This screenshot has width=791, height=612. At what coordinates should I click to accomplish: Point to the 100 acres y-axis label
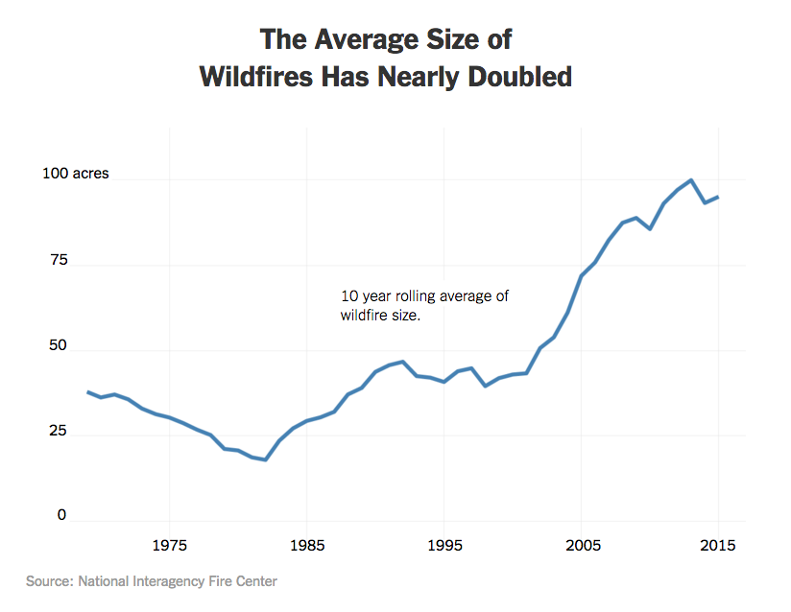pos(76,175)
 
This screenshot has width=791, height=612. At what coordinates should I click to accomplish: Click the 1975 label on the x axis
pos(169,546)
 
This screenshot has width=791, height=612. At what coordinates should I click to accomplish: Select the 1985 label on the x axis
pos(307,546)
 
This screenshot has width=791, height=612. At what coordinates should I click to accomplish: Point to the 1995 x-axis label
pos(444,546)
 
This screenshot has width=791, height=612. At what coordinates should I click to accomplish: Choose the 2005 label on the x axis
pos(582,546)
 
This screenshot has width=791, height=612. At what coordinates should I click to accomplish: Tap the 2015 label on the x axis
pos(718,546)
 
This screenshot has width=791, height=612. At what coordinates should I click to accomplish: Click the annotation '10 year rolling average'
pos(424,296)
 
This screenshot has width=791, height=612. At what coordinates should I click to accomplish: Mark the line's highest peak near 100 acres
pos(691,180)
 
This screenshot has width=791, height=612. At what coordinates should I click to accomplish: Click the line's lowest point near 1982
pos(266,459)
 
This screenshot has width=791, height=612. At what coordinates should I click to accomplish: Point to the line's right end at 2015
pos(718,198)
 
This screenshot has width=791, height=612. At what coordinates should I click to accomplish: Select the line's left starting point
pos(87,391)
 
